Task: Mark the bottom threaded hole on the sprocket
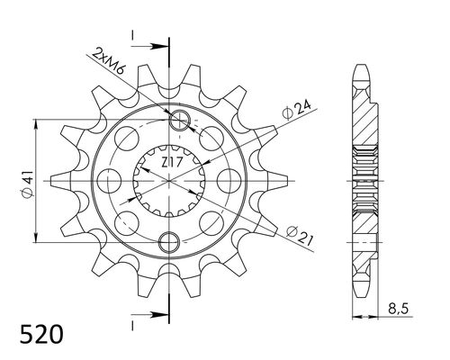(x=168, y=239)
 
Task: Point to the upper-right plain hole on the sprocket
(x=212, y=139)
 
